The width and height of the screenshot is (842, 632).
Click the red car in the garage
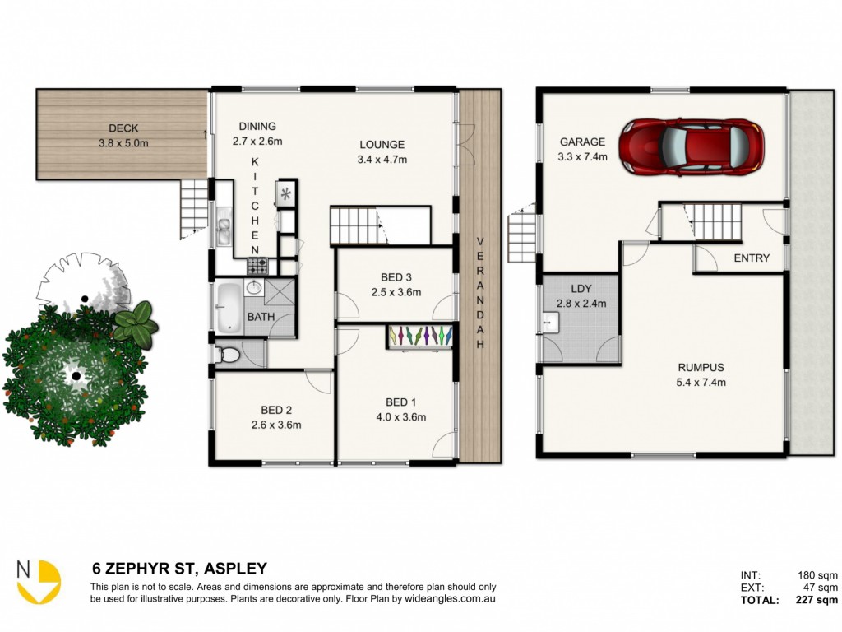coord(691,146)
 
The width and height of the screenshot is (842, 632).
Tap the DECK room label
coord(123,128)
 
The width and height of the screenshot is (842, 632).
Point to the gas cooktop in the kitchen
coord(257,266)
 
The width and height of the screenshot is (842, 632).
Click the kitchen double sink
coord(224,230)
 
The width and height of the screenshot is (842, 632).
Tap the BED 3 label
coord(396,277)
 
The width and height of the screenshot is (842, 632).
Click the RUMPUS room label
coord(701,368)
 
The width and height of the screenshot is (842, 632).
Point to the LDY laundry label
coord(581,289)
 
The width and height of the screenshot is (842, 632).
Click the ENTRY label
coord(752,258)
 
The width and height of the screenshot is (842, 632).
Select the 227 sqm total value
coord(817,600)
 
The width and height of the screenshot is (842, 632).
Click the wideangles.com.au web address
coord(450,599)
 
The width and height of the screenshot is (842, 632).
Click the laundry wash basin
coord(550,323)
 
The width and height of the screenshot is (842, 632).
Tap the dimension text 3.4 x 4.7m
coord(382,160)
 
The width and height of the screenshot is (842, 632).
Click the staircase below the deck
coord(194,210)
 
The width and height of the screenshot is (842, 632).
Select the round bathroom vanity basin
coord(253,287)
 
